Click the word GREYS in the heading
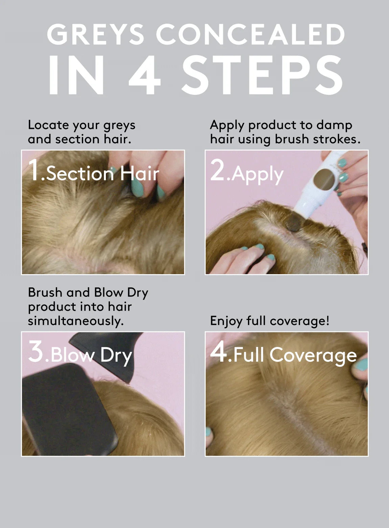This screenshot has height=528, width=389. point(95,34)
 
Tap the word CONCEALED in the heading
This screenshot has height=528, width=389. point(250,34)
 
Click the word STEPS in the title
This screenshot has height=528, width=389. point(262,75)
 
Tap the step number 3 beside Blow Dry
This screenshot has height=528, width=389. point(36,351)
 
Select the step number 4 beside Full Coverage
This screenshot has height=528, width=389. point(218,351)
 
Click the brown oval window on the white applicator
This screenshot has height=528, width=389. point(324,180)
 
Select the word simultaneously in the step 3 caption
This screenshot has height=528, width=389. point(76,321)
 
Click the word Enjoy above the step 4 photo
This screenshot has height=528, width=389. point(226,321)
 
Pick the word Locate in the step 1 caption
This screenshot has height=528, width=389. point(48,125)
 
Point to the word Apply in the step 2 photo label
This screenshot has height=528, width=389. point(257,175)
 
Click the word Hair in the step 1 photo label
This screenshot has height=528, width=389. point(140,174)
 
